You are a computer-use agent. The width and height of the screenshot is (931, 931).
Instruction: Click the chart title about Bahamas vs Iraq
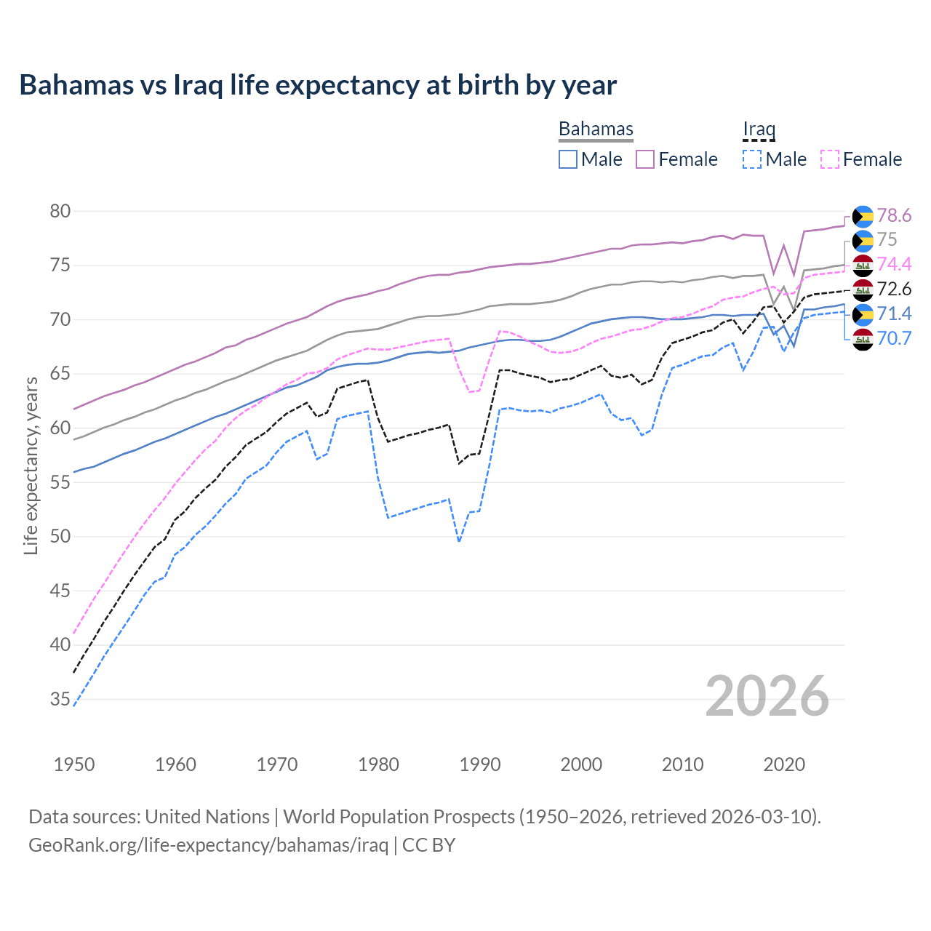tap(318, 85)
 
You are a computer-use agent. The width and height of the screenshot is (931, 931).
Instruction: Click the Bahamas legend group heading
tap(596, 129)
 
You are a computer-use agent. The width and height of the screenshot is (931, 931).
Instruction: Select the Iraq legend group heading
tap(759, 129)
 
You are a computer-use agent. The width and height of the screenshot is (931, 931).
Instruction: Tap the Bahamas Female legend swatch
tap(645, 159)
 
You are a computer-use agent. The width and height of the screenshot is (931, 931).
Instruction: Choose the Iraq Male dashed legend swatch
tap(752, 159)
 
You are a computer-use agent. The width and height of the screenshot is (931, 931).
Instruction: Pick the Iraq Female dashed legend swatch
tap(830, 159)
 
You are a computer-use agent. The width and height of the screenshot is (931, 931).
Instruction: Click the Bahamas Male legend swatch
tap(568, 159)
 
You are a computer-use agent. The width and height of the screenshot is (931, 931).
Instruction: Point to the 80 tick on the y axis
tap(60, 212)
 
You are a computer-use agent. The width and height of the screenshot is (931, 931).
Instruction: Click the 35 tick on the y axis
tap(60, 700)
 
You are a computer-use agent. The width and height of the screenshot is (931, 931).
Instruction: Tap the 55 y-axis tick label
tap(60, 483)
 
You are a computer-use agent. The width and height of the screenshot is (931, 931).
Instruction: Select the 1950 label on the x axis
tap(74, 764)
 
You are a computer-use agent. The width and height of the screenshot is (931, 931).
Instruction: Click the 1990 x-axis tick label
tap(480, 764)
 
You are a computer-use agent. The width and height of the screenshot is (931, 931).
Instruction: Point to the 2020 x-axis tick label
tap(784, 764)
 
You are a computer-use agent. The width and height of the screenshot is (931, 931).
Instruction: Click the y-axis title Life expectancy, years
tap(31, 465)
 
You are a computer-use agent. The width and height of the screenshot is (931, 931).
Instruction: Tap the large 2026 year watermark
tap(767, 696)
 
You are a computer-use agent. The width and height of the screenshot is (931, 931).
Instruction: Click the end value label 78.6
tap(894, 216)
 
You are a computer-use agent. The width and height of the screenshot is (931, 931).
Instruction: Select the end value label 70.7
tap(894, 338)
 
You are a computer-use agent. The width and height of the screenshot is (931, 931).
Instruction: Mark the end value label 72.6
tap(894, 289)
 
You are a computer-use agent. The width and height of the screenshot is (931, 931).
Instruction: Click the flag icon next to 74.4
tap(863, 265)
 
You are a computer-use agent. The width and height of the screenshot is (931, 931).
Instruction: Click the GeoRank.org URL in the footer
tap(208, 845)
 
